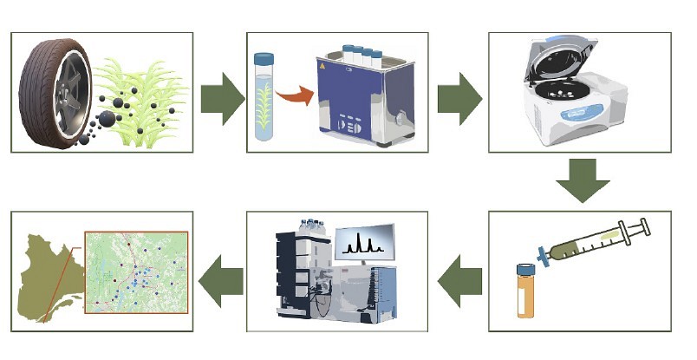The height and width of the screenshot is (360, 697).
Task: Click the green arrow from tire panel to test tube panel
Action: (x=222, y=99)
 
